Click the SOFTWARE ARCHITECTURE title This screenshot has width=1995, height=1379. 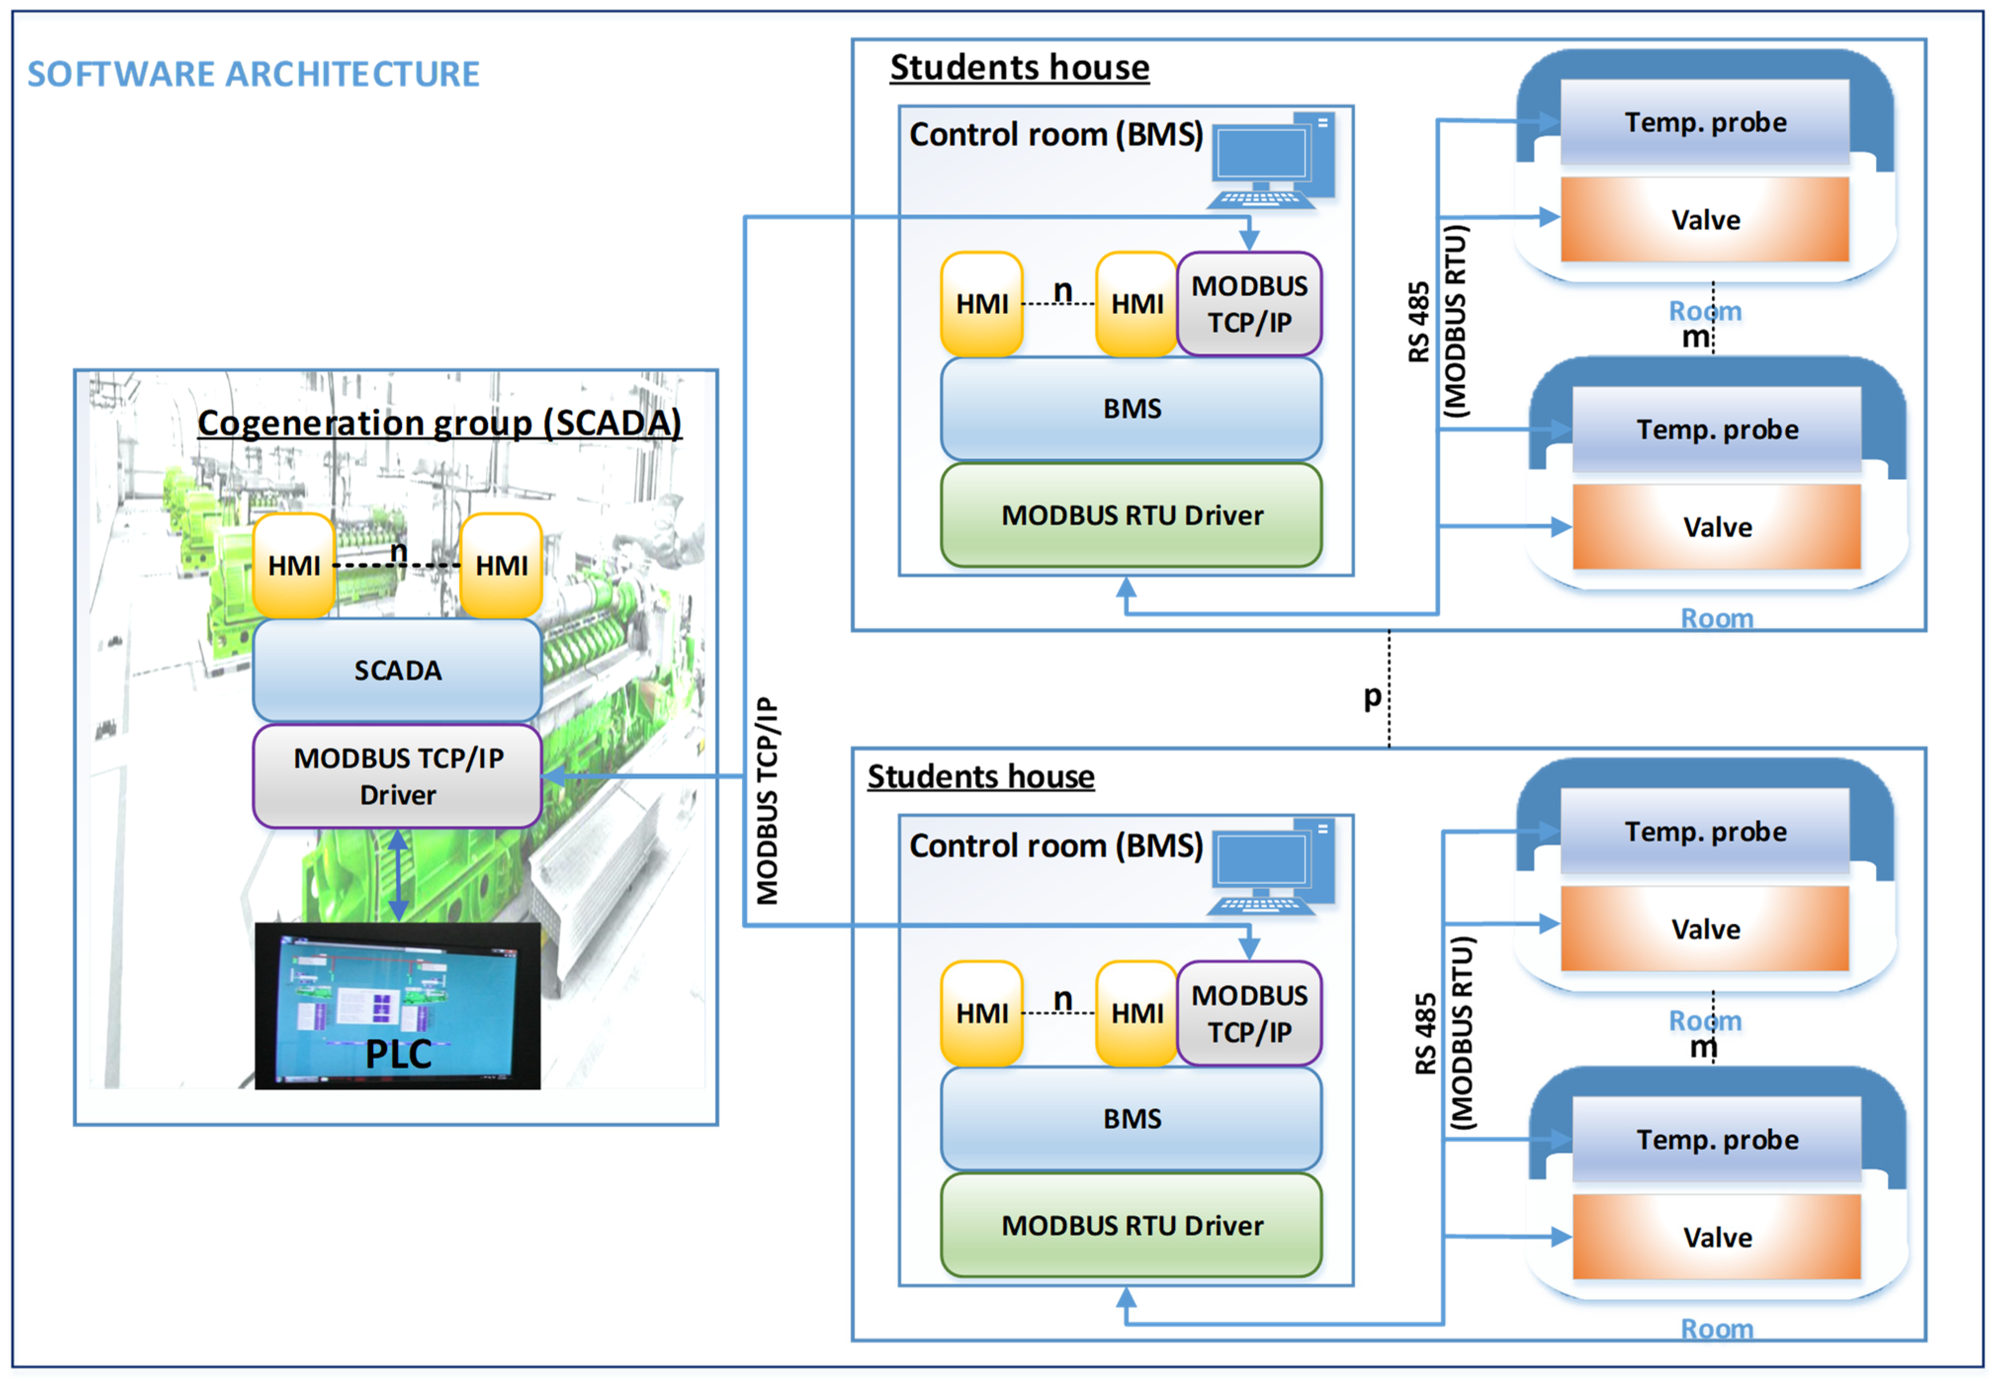tap(253, 74)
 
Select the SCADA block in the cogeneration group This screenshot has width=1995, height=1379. tap(397, 671)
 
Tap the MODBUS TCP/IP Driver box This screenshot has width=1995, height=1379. tap(397, 776)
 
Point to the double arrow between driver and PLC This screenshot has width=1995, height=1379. tap(397, 874)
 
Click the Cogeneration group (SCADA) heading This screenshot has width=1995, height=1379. tap(439, 424)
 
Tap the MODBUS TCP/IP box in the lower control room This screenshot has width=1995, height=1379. tap(1250, 1014)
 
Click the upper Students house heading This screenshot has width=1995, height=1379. tap(1020, 67)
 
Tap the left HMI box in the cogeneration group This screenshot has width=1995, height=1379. tap(294, 566)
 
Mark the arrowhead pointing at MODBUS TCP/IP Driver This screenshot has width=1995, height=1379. tap(553, 776)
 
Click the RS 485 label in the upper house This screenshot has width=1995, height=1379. tap(1419, 321)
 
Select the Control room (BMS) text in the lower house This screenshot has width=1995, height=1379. tap(1056, 845)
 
